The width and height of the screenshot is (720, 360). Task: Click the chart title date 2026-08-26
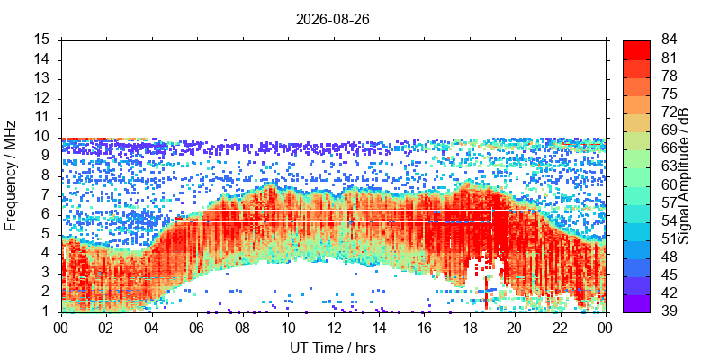332,20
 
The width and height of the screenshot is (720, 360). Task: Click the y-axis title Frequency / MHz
11,175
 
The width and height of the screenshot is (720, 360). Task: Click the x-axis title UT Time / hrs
333,347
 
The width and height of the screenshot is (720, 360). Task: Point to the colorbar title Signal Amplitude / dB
684,175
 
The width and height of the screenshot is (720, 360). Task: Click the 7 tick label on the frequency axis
51,196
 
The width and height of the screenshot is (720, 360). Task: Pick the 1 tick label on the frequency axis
51,312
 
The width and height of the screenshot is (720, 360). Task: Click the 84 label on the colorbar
669,40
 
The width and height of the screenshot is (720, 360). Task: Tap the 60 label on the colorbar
669,184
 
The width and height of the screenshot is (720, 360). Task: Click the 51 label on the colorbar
669,238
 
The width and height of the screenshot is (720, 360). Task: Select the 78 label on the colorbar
669,76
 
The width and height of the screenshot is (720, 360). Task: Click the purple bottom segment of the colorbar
636,303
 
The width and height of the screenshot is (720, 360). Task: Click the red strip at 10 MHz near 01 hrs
104,139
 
